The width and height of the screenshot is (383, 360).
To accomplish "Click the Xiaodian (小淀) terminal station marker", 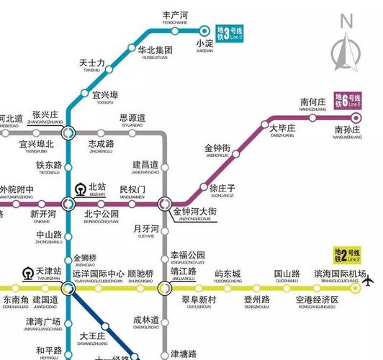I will pos(204,31).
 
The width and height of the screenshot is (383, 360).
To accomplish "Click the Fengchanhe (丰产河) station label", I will pos(175,17).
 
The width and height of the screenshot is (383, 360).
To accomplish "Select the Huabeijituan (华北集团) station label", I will pos(155,52).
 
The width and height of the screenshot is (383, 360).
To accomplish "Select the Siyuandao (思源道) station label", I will pos(132,120).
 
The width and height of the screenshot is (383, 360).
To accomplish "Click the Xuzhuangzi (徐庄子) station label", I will pos(222,189).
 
